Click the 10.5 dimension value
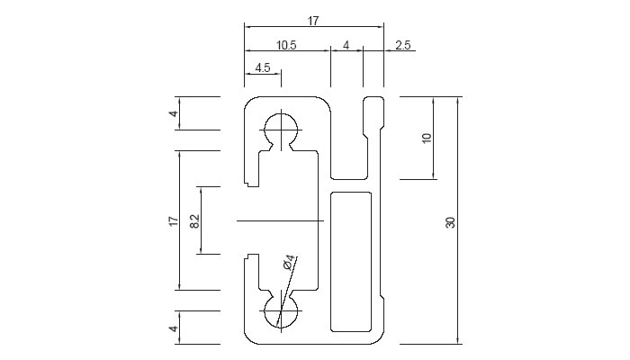pos(286,44)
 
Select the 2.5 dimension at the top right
pos(403,44)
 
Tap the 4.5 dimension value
pos(264,67)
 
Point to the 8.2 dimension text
pos(195,220)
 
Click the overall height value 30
pos(450,220)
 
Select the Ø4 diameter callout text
pos(288,263)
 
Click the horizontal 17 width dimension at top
pos(313,20)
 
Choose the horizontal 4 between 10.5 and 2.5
pos(346,44)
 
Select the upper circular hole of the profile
pos(282,129)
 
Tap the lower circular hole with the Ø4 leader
pos(281,317)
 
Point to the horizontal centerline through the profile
pos(279,220)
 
